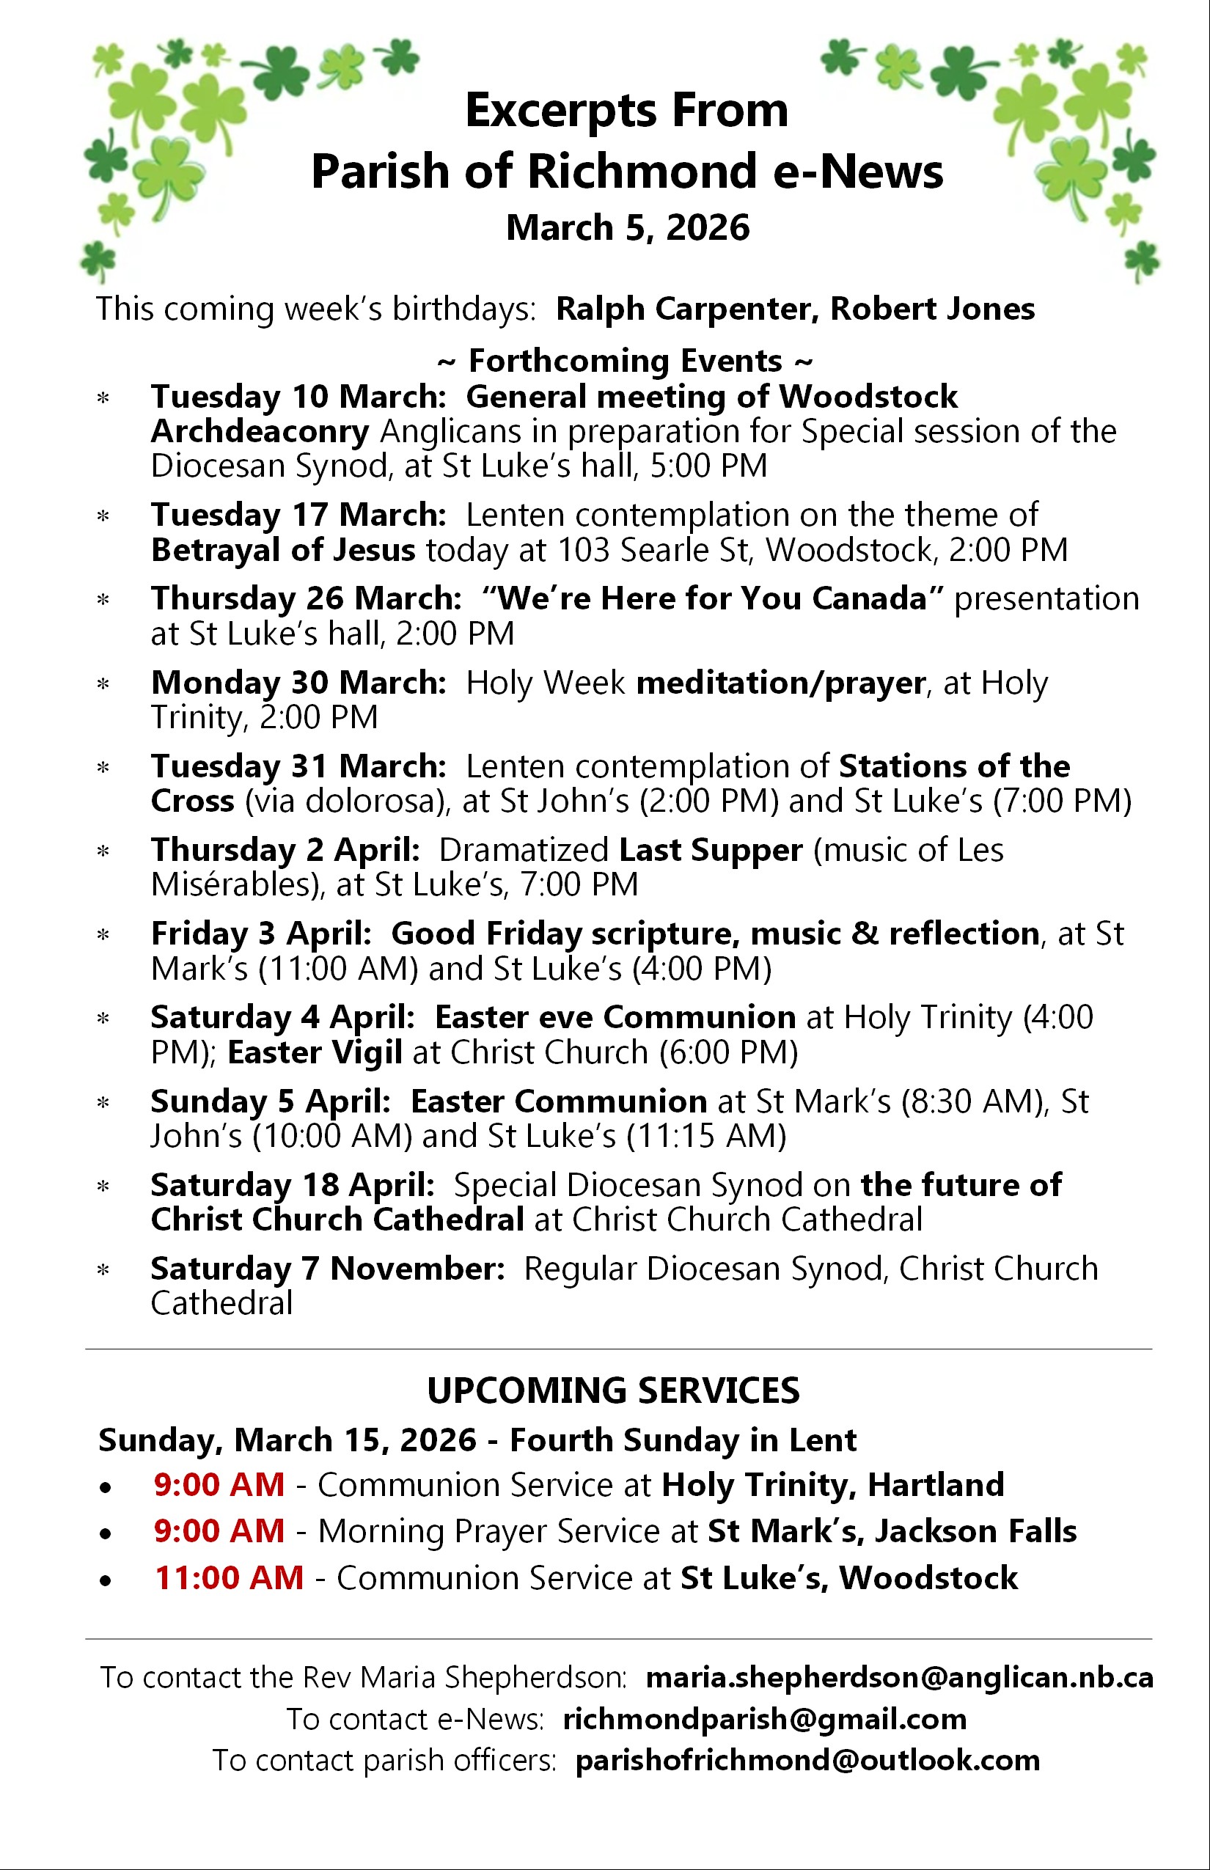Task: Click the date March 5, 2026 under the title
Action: [x=627, y=228]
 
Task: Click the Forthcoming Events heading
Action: [x=626, y=362]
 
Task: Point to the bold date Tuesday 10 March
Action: [x=298, y=397]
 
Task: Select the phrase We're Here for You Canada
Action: [x=713, y=598]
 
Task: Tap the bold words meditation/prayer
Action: [x=780, y=683]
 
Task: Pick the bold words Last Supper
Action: [x=711, y=850]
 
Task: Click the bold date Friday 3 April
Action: [x=261, y=934]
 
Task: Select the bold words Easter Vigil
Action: [x=315, y=1052]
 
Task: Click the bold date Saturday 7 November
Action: [x=327, y=1269]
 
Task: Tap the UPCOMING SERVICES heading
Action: [x=613, y=1390]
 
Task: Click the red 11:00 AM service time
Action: [x=229, y=1577]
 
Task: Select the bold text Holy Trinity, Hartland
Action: [x=833, y=1485]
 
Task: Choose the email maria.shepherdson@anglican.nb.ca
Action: [x=899, y=1678]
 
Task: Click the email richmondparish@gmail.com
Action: [x=764, y=1719]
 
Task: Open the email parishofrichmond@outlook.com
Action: [x=807, y=1760]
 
